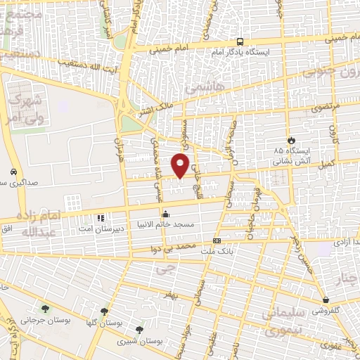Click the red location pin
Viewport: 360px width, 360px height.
(x=181, y=165)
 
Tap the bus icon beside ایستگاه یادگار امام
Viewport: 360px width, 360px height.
(x=240, y=41)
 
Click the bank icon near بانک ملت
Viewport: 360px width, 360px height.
(x=217, y=241)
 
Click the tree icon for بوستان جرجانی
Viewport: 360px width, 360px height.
(x=46, y=308)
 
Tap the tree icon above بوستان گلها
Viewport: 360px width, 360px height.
(x=104, y=311)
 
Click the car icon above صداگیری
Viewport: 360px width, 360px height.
(x=14, y=172)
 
